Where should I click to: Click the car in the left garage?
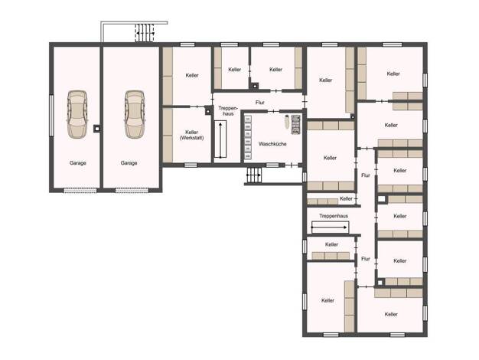tap(77, 115)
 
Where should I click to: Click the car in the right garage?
tap(135, 115)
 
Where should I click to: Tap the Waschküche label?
tap(272, 144)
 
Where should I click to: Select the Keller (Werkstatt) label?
tap(191, 135)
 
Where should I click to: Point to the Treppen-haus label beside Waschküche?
tap(228, 111)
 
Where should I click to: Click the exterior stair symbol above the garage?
tap(145, 33)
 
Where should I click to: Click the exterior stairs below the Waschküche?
tap(254, 175)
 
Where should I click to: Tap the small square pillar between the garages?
tap(97, 129)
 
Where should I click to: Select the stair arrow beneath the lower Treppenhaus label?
tap(329, 227)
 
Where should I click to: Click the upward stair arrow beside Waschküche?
tap(220, 139)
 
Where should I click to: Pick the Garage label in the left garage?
tap(77, 163)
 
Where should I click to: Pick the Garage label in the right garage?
tap(129, 163)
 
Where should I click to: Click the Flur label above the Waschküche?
tap(259, 103)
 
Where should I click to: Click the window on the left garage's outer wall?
tap(51, 116)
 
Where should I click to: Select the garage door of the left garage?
tap(80, 190)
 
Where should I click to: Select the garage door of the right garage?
tap(132, 190)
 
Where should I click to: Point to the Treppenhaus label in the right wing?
tap(334, 216)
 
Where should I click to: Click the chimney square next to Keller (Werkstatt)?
tap(208, 110)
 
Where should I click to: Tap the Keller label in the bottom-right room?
tap(391, 315)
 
